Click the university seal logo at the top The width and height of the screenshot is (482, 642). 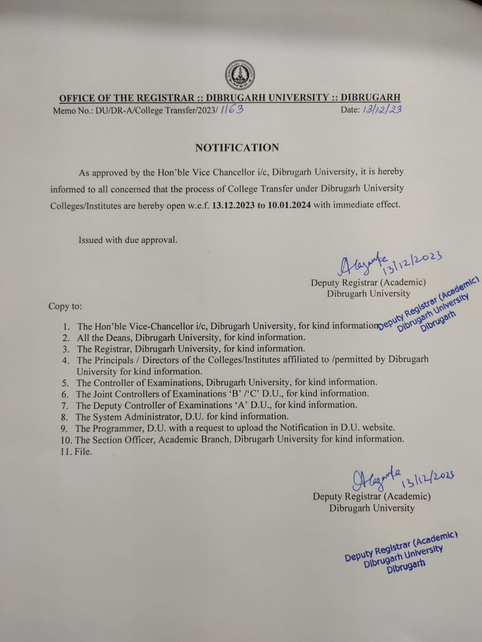[239, 75]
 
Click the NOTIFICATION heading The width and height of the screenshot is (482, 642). [237, 147]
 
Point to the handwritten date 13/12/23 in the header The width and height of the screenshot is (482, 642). [381, 109]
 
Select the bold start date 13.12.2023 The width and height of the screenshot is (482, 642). [233, 205]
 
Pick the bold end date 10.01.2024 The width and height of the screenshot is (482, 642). [289, 205]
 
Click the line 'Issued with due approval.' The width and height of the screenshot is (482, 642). [128, 240]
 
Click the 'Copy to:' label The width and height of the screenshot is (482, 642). [65, 306]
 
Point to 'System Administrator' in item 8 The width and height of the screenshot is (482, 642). [135, 417]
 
